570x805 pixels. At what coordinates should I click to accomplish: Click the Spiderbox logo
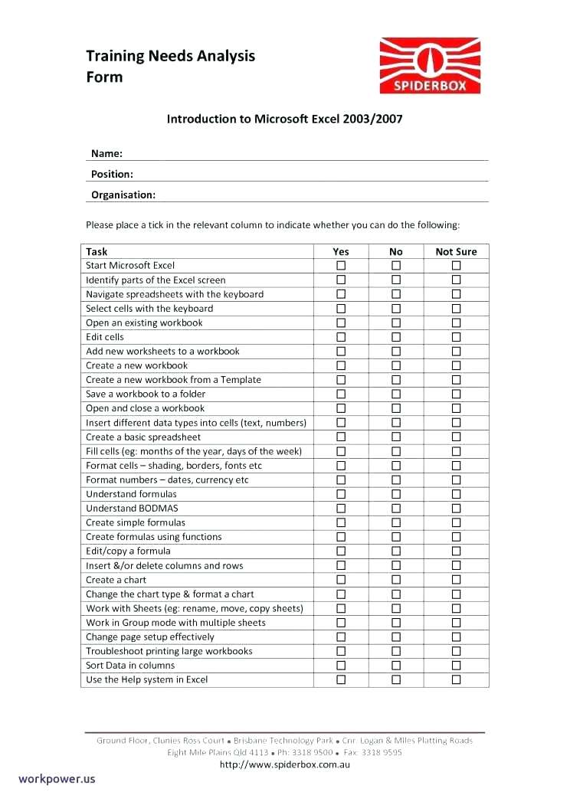tap(430, 67)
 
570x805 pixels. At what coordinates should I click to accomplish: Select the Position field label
tap(112, 174)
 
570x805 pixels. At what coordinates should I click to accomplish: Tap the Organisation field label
tap(123, 195)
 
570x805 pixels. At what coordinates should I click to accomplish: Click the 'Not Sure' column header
tap(456, 251)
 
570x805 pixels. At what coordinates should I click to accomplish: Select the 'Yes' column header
tap(341, 251)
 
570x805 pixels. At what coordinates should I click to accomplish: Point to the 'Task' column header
tap(97, 251)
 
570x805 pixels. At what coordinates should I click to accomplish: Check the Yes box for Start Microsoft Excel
tap(341, 266)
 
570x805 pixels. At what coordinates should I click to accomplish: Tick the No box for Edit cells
tap(396, 337)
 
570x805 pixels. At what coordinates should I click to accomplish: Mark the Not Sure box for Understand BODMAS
tap(456, 509)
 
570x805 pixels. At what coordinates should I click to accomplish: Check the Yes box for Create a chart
tap(341, 580)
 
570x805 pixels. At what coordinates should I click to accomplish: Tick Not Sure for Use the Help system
tap(456, 679)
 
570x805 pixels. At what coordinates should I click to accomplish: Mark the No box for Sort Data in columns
tap(396, 666)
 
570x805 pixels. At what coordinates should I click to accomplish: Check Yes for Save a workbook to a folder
tap(341, 394)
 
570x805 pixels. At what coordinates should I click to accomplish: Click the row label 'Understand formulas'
tap(131, 494)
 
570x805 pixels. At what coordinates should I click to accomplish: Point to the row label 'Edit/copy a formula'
tap(128, 551)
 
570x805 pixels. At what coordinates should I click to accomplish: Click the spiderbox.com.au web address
tap(285, 764)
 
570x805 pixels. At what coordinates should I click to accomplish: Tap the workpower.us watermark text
tap(57, 778)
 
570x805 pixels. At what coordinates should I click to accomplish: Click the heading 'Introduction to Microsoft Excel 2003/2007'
tap(285, 119)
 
